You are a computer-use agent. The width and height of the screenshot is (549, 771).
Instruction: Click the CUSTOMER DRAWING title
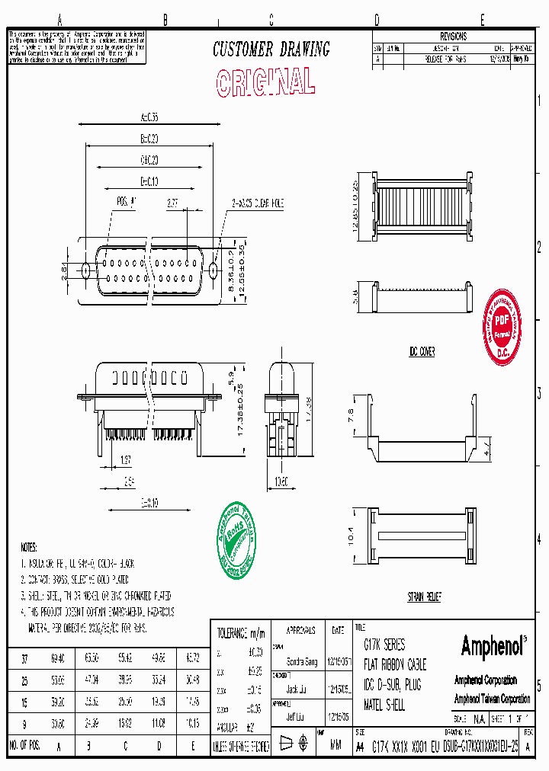pyautogui.click(x=271, y=50)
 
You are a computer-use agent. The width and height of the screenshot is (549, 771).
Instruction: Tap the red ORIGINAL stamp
pyautogui.click(x=265, y=82)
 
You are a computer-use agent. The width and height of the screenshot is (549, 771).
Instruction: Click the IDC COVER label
pyautogui.click(x=421, y=353)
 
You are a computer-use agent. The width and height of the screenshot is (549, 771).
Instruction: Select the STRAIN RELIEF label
pyautogui.click(x=423, y=597)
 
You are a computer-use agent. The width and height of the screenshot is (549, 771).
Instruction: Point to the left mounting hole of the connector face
pyautogui.click(x=85, y=269)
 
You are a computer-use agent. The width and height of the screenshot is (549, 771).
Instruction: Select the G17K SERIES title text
pyautogui.click(x=384, y=645)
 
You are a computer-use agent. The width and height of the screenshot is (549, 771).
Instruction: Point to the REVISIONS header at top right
pyautogui.click(x=452, y=36)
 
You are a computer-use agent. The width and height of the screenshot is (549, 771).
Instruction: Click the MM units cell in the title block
pyautogui.click(x=335, y=747)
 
